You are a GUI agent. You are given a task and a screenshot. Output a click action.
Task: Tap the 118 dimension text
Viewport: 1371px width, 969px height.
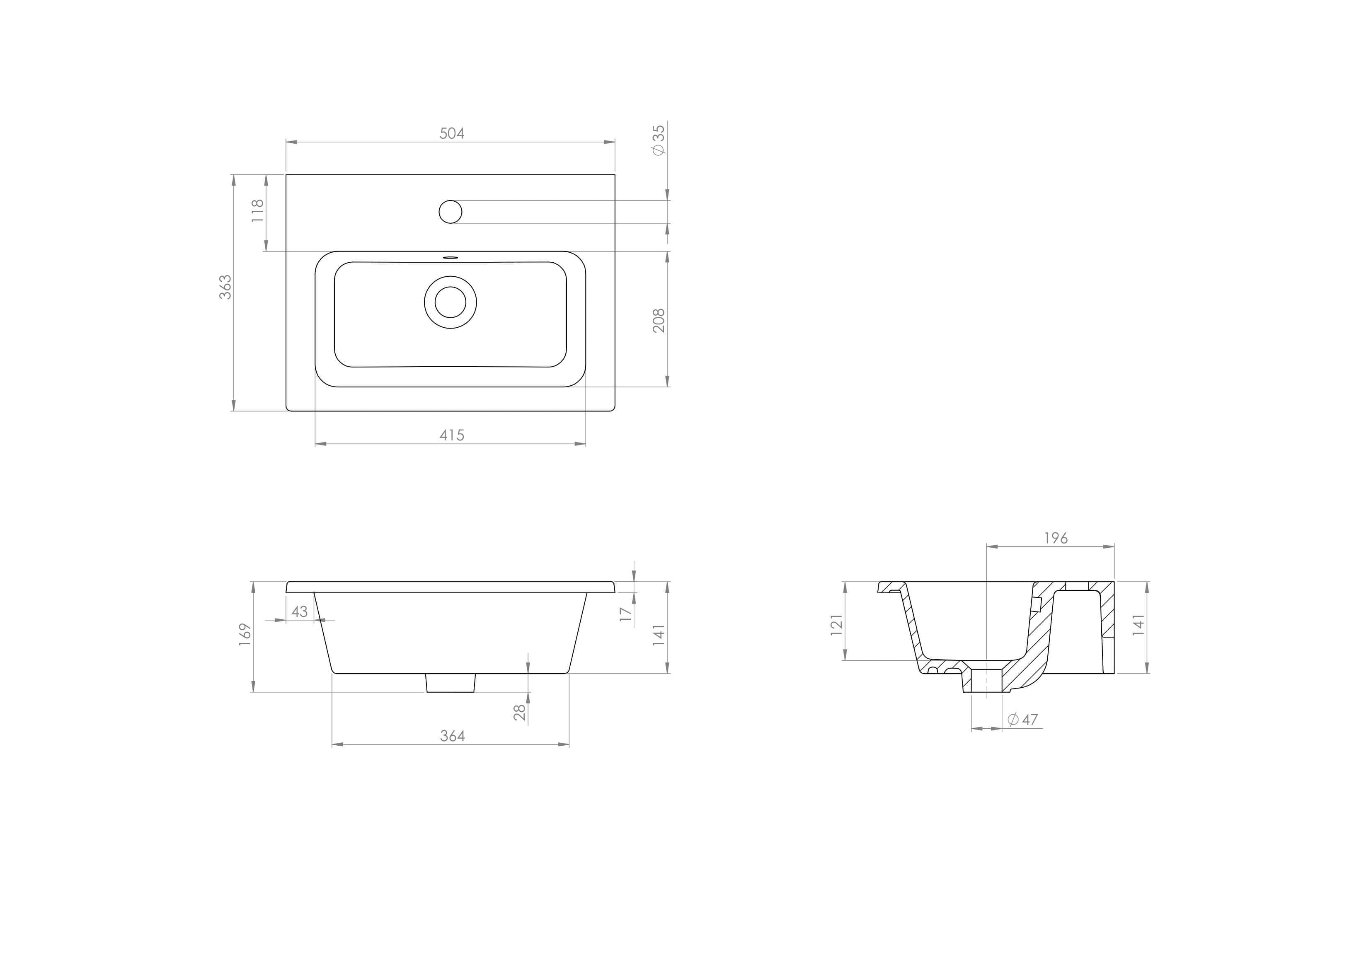[x=257, y=211]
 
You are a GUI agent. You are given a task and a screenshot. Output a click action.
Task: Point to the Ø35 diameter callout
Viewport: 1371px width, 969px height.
[x=659, y=140]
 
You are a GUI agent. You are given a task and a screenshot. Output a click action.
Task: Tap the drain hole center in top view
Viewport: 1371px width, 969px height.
[x=450, y=302]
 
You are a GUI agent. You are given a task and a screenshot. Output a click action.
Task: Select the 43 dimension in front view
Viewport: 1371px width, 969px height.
[x=299, y=611]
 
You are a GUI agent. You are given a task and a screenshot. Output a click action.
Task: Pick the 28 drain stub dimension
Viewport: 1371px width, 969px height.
[x=520, y=712]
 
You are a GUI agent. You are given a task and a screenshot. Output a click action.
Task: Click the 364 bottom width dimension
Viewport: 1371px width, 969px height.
[x=452, y=736]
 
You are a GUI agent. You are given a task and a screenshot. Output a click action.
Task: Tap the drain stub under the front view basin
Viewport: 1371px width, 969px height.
[x=450, y=682]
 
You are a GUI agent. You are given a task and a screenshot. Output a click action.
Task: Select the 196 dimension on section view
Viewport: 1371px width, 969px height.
[x=1056, y=538]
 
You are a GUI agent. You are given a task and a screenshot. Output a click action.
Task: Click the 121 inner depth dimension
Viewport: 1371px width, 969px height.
[x=837, y=624]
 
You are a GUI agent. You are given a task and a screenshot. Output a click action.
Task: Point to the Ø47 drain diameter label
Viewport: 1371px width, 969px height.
[x=1023, y=720]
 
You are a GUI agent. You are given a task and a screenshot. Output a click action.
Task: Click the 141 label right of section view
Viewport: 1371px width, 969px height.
[x=1139, y=624]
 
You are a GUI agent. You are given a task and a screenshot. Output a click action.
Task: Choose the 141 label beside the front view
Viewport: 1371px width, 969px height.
[x=659, y=635]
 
